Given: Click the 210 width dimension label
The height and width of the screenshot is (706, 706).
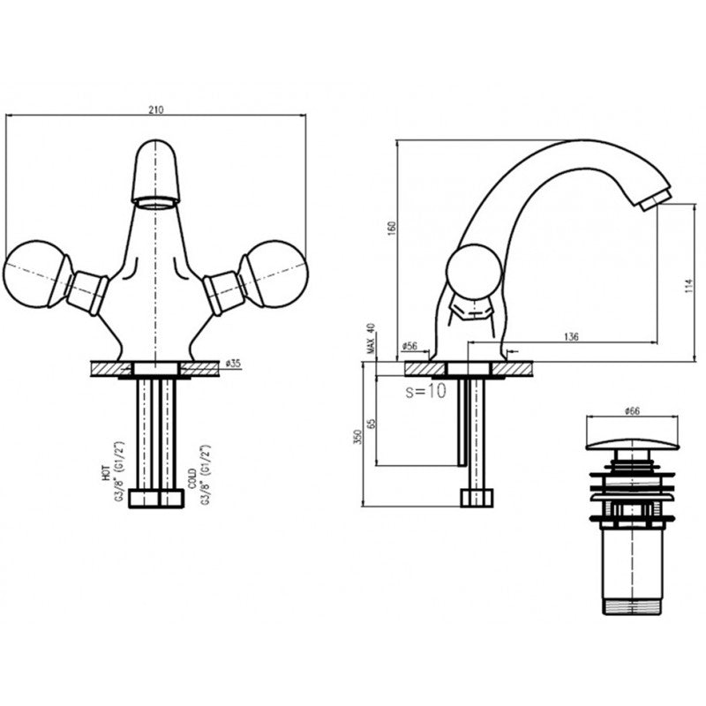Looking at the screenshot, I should coord(155,110).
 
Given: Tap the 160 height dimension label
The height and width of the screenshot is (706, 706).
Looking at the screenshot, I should coord(392,227).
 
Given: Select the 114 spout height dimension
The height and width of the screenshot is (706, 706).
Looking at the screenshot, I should coord(689,285).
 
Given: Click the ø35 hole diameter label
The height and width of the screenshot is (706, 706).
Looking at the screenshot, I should coord(234,363).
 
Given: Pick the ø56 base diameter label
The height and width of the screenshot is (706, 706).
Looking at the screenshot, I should coord(409,347).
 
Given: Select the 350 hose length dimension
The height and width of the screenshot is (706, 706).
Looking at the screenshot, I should coord(357,437).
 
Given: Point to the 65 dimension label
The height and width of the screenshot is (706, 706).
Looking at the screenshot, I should coord(372,423).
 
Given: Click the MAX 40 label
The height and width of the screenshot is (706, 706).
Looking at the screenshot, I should coord(372,340).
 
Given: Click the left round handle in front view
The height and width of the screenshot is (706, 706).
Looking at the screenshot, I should coord(37,273).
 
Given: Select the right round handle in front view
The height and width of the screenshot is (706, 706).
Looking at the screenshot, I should coord(275,273).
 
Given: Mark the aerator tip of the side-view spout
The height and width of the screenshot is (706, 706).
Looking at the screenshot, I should coord(655,199).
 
